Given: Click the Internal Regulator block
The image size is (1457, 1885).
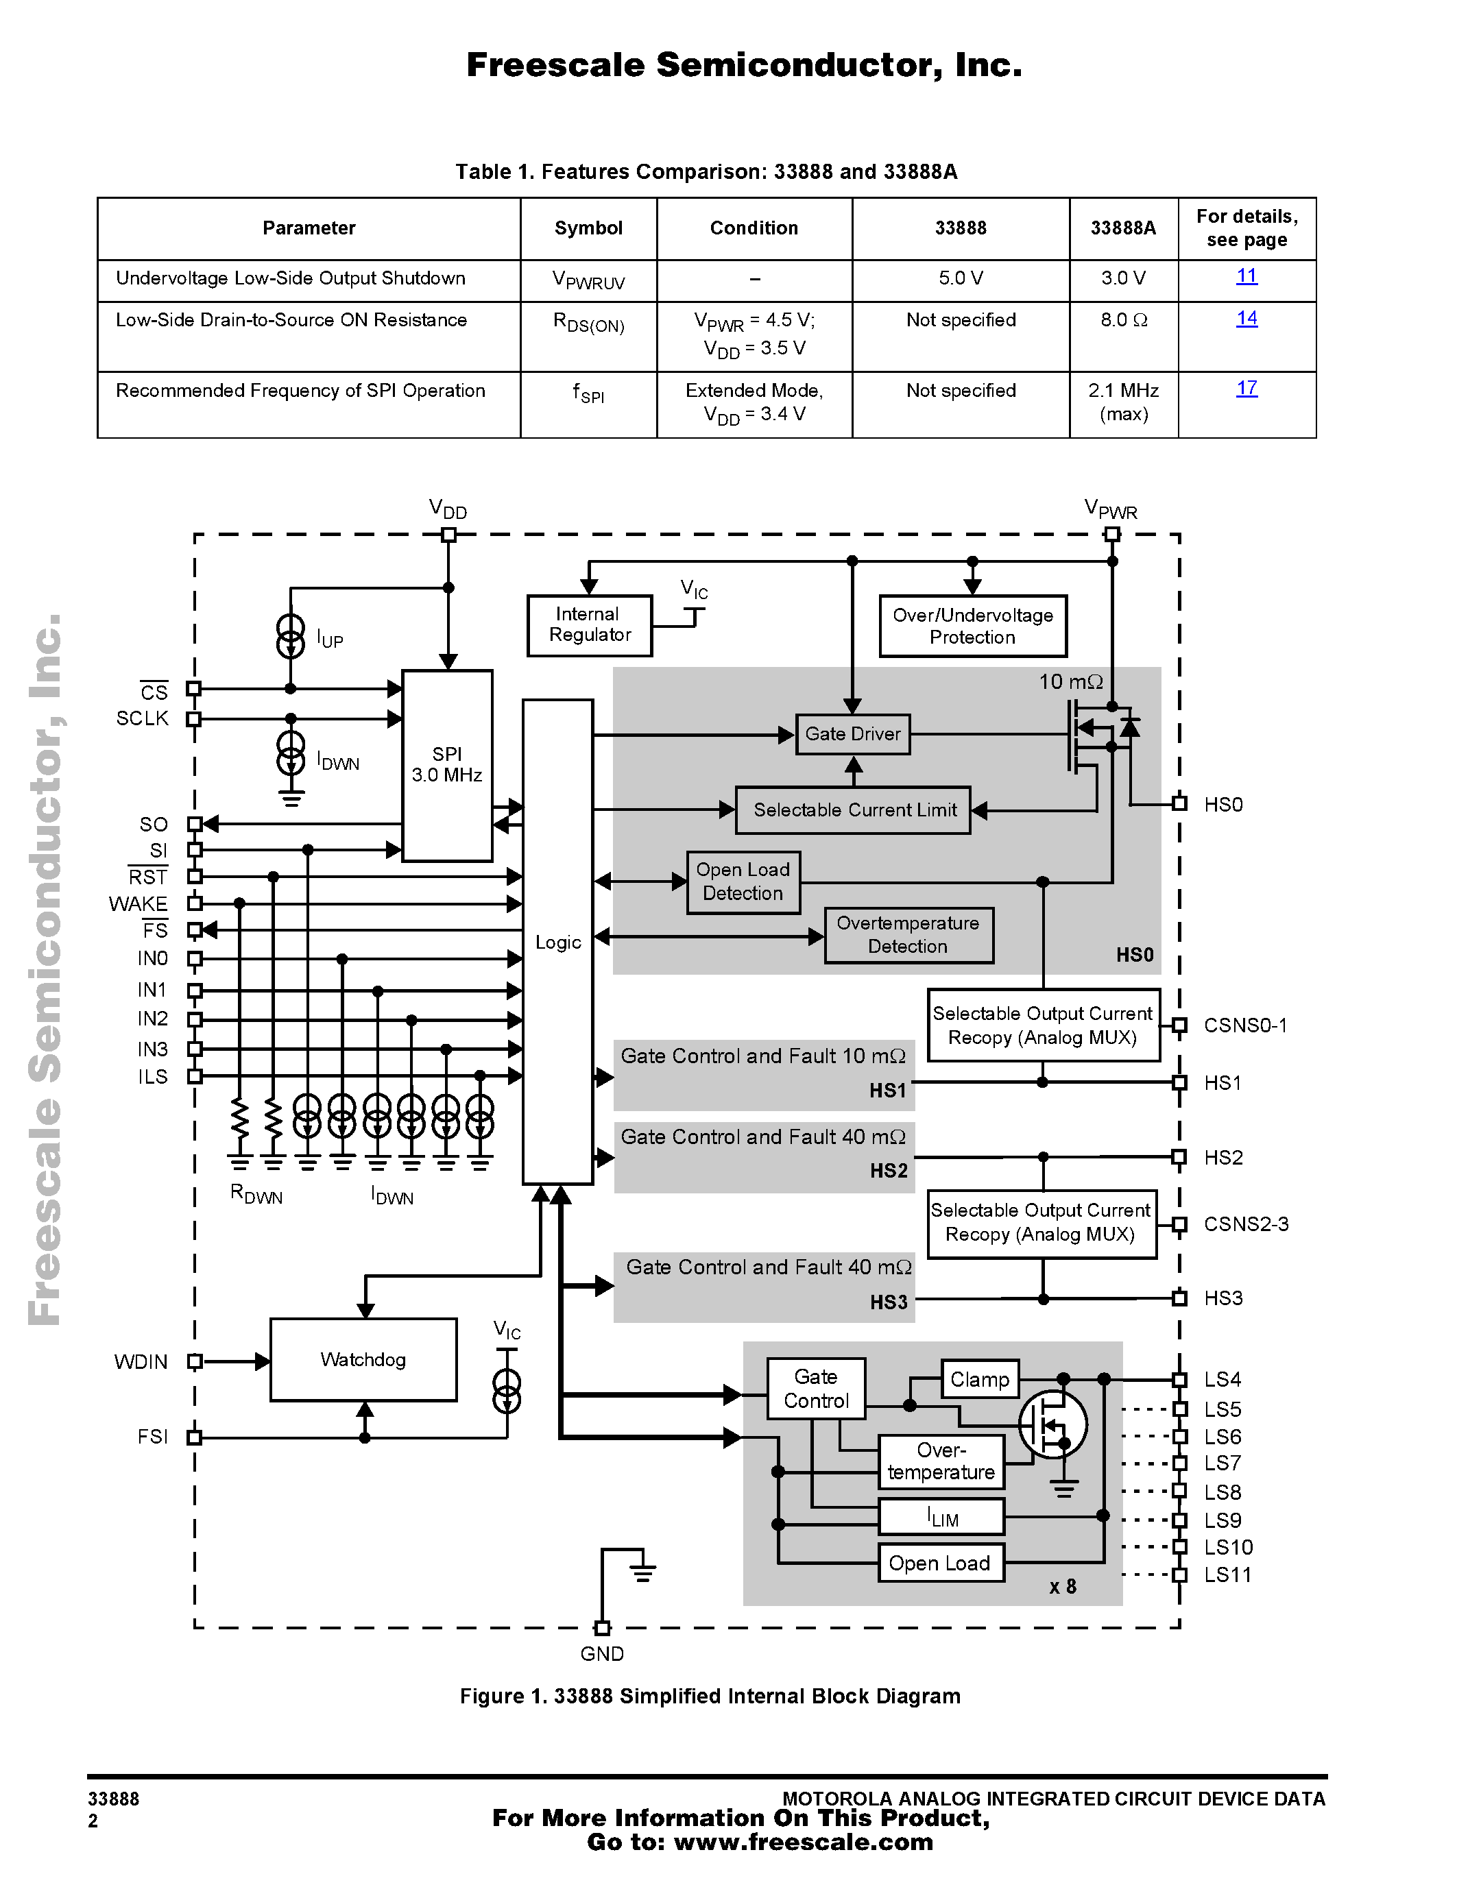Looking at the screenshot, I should tap(590, 625).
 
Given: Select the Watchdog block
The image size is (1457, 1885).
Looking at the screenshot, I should tap(363, 1359).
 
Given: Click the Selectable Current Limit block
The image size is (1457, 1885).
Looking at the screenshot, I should tap(853, 810).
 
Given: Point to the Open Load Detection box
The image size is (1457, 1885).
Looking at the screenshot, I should tap(743, 881).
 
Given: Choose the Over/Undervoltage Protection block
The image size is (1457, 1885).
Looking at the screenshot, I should tap(973, 626).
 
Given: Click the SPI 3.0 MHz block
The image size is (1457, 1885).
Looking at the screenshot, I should tap(447, 765).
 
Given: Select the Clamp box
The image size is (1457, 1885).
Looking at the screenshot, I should tap(980, 1379).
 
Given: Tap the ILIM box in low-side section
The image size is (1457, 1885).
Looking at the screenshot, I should tap(941, 1516).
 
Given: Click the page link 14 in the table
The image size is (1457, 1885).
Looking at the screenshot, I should tap(1247, 319).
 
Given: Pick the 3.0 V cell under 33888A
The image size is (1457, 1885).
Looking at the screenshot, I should tap(1123, 278).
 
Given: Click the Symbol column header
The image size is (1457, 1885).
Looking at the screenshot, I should tap(588, 228).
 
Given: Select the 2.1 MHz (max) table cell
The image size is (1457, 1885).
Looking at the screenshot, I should tap(1123, 402).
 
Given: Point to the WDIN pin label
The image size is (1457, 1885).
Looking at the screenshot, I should tap(141, 1362).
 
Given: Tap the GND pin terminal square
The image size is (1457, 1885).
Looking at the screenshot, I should tap(603, 1628).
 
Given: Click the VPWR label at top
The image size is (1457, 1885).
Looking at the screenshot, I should tap(1111, 509).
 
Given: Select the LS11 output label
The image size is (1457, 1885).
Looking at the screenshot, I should tap(1227, 1575).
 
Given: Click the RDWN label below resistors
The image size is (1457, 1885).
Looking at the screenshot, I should tap(256, 1195).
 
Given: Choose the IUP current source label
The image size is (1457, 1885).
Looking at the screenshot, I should tap(330, 640).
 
